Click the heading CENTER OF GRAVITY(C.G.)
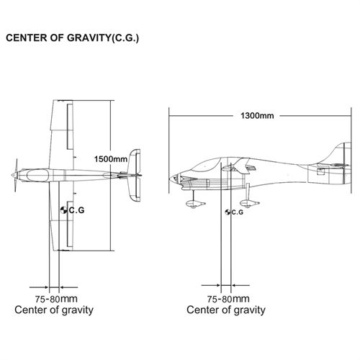(72, 38)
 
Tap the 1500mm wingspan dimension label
(111, 159)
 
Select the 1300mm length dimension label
(257, 116)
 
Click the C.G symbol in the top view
(64, 210)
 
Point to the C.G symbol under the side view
(228, 212)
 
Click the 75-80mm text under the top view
(56, 299)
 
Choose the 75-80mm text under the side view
(228, 299)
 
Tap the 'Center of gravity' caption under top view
(54, 310)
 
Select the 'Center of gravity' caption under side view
(226, 310)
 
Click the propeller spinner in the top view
(14, 175)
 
